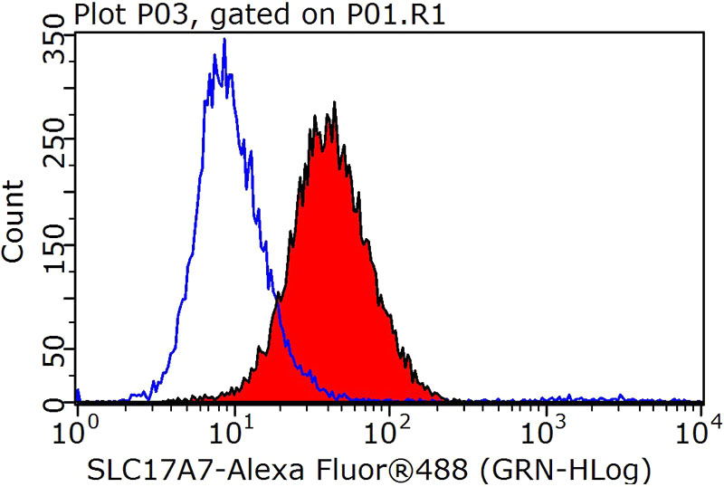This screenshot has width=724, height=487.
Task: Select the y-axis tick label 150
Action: coord(56,239)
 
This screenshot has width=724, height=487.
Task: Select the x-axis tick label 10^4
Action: coord(698,425)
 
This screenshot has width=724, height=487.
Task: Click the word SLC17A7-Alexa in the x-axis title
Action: coord(175,470)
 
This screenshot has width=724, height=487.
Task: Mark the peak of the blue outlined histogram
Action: coord(224,40)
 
